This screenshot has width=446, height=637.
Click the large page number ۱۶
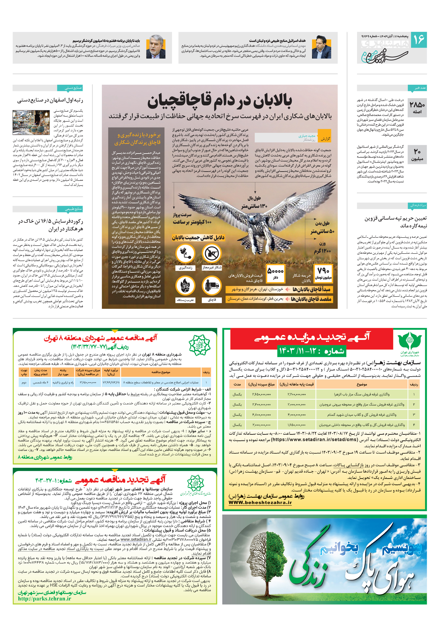418,40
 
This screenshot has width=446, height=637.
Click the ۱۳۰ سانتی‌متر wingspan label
254,206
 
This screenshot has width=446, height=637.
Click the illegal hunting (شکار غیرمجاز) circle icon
212,253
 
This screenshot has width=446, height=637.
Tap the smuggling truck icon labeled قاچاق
212,286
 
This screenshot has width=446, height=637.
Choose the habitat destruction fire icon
185,286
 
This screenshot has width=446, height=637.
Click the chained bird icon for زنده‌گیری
185,253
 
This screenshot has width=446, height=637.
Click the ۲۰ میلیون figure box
417,155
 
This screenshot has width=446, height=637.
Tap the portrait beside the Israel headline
321,47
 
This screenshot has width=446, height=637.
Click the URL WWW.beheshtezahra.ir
260,502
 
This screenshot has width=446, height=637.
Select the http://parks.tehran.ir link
44,599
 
